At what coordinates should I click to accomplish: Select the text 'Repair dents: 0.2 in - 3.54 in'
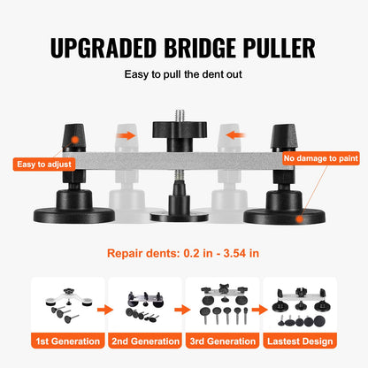184,253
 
